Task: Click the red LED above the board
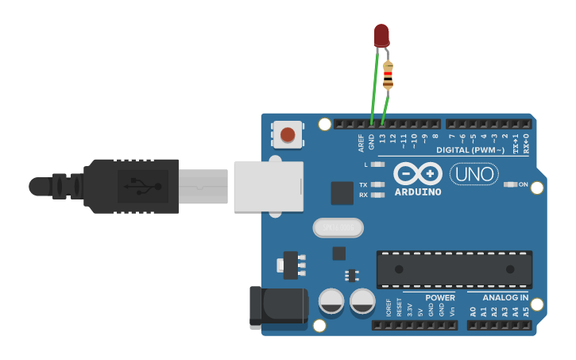click(381, 34)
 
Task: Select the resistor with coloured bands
click(388, 75)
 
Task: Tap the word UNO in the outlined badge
click(474, 173)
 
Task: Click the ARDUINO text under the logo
click(418, 191)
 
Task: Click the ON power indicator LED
click(510, 184)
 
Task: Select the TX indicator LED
click(378, 184)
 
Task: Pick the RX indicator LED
click(378, 195)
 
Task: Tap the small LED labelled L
click(378, 165)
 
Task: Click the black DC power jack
click(277, 308)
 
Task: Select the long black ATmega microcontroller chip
click(454, 269)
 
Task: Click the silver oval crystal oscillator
click(338, 228)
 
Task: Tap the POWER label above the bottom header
click(439, 298)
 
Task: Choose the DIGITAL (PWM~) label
click(470, 150)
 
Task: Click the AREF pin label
click(361, 142)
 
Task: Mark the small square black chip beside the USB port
click(342, 193)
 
